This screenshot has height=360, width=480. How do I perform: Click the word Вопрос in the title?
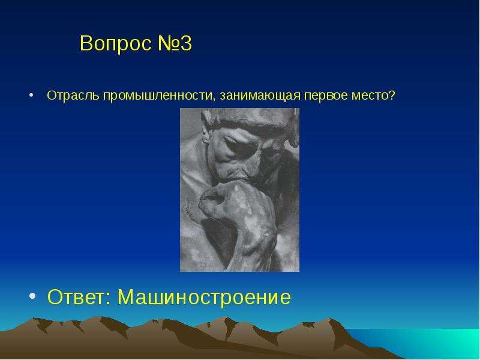click(x=116, y=43)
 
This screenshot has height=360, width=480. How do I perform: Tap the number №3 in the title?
click(x=175, y=43)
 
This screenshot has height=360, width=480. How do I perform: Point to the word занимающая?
click(x=260, y=96)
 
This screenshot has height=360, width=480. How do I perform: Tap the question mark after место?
click(x=392, y=95)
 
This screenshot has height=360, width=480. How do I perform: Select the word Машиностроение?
click(x=204, y=296)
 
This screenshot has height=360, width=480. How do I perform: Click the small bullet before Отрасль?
click(x=31, y=95)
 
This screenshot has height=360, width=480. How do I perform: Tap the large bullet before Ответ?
click(x=32, y=296)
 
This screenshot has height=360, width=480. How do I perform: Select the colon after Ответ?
click(x=108, y=298)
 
